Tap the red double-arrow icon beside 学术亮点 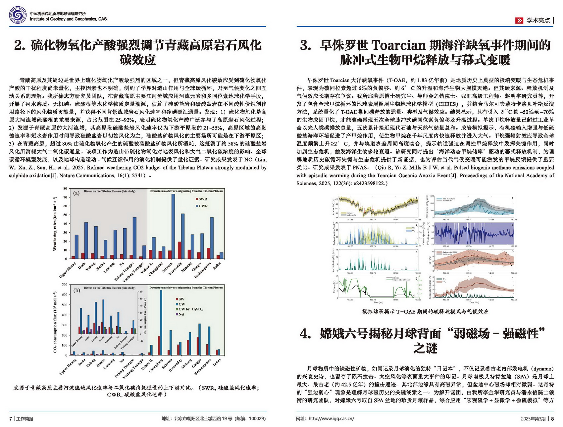(519, 21)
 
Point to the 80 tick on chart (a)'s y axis (65, 189)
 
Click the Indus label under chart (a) (217, 266)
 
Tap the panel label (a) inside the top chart (77, 193)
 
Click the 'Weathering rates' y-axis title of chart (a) (55, 224)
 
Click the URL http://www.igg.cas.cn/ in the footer (331, 418)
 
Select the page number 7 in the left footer (11, 419)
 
